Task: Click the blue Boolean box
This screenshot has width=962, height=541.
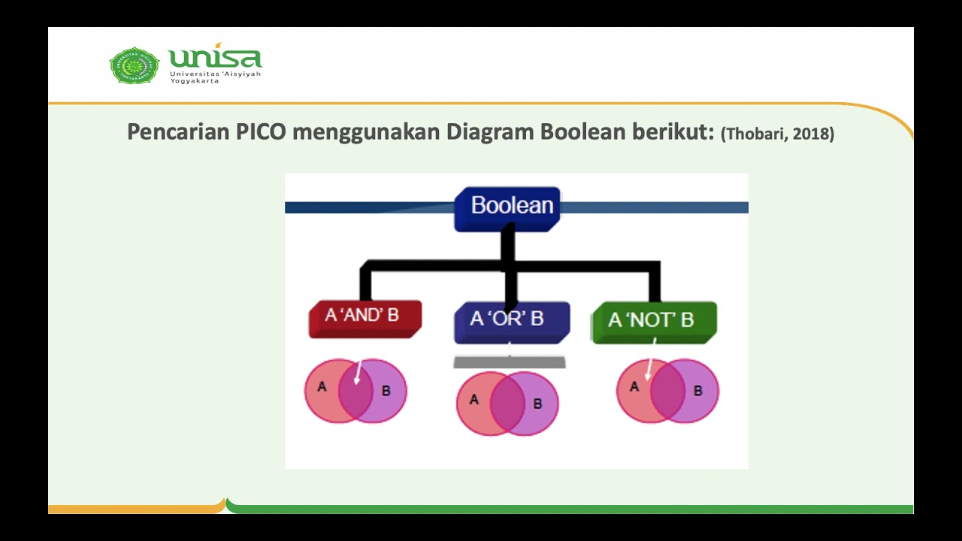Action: (x=508, y=207)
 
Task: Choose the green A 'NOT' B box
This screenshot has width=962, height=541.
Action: (x=653, y=322)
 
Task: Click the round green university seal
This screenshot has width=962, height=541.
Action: (x=135, y=65)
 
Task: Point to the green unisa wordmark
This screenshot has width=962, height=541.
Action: (x=215, y=58)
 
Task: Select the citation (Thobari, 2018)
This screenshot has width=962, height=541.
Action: (x=777, y=134)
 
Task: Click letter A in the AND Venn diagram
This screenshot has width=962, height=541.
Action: (x=322, y=387)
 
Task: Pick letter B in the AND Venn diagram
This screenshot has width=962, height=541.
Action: (x=386, y=391)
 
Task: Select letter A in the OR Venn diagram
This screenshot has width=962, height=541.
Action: (x=473, y=400)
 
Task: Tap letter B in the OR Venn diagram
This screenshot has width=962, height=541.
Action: (x=537, y=404)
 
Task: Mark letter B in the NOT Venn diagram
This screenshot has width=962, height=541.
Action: (x=697, y=391)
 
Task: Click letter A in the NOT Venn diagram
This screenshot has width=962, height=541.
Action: (x=634, y=387)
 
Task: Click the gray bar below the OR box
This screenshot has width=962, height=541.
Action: (x=509, y=362)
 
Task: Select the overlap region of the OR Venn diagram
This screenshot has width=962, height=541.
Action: (x=507, y=403)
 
